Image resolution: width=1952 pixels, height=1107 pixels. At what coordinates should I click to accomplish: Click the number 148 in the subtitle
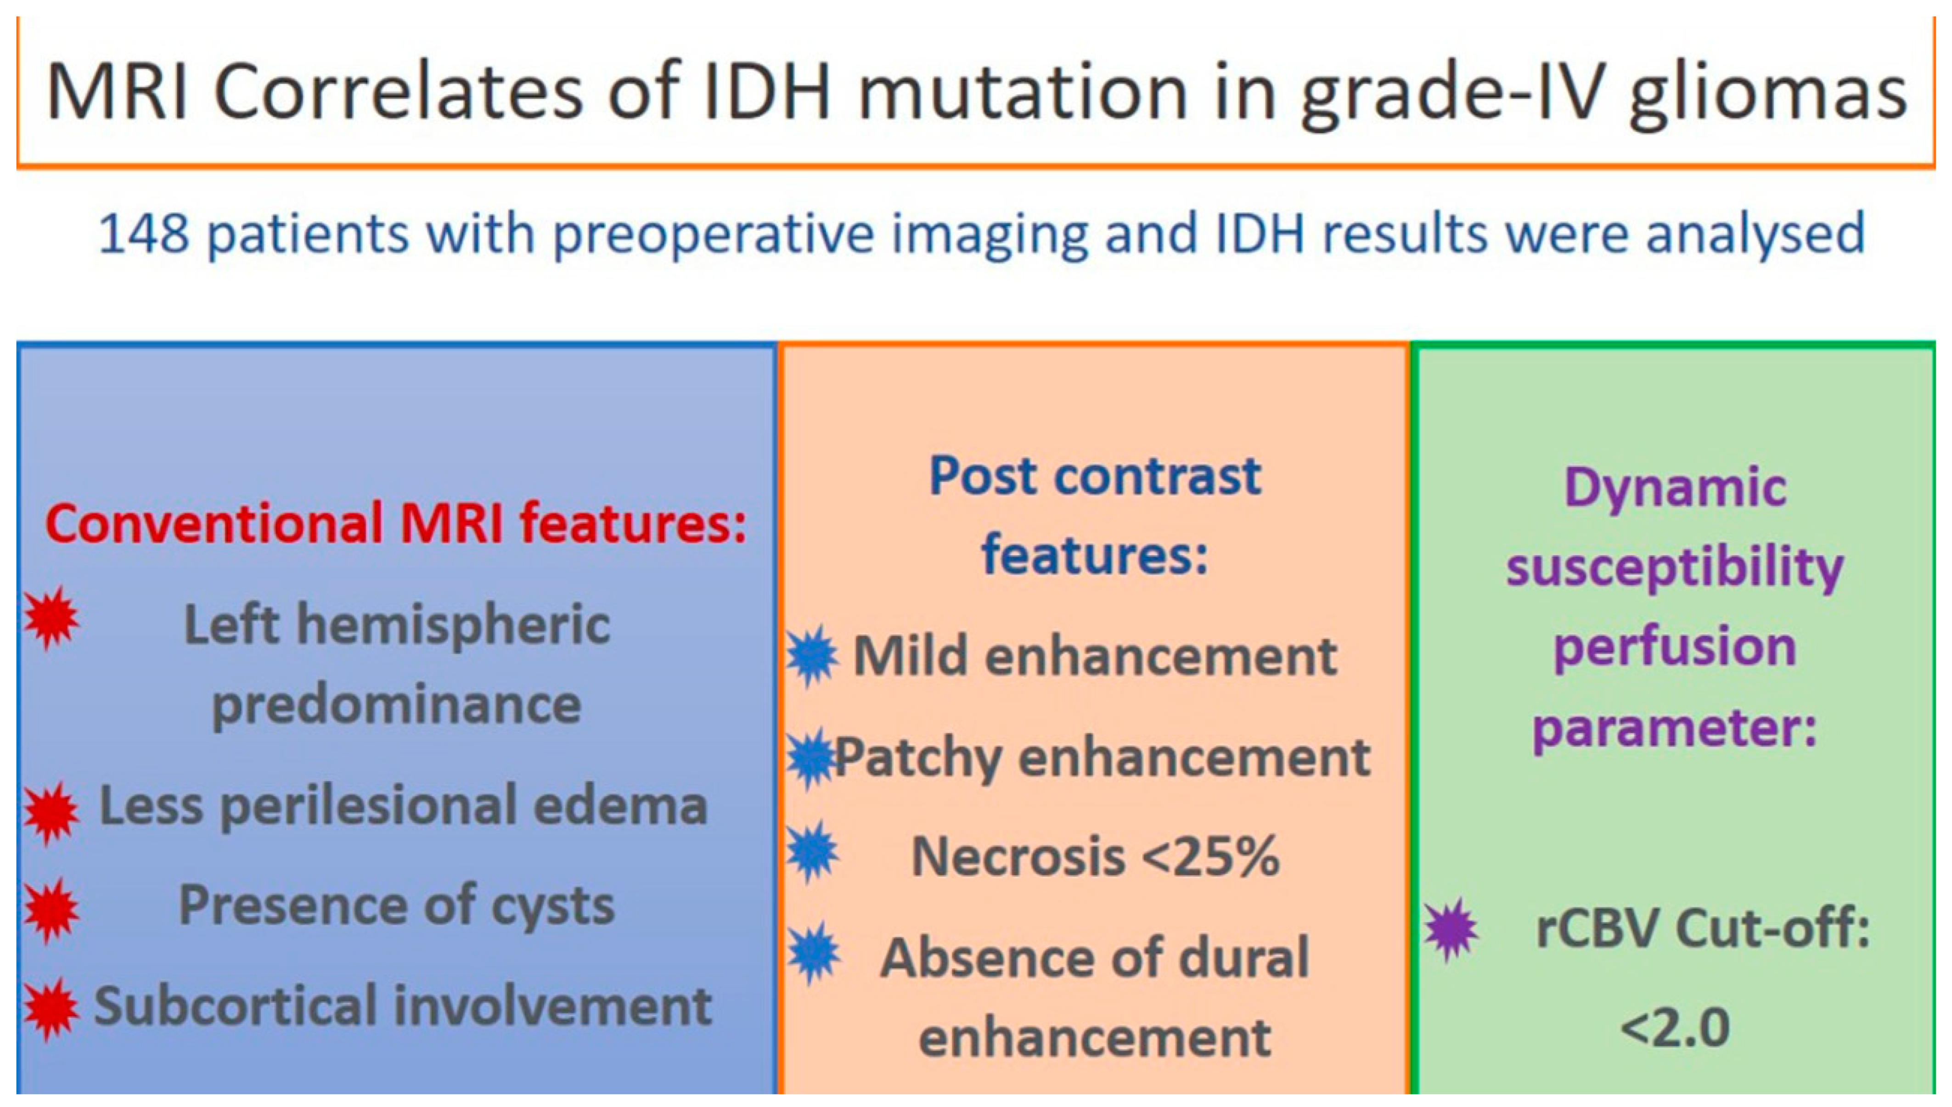(x=144, y=233)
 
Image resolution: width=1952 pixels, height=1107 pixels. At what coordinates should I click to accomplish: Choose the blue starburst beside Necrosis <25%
(x=813, y=852)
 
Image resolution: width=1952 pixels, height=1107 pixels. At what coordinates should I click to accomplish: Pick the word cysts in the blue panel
(x=552, y=906)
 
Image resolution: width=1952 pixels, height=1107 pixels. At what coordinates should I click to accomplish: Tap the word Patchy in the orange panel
(x=918, y=759)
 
